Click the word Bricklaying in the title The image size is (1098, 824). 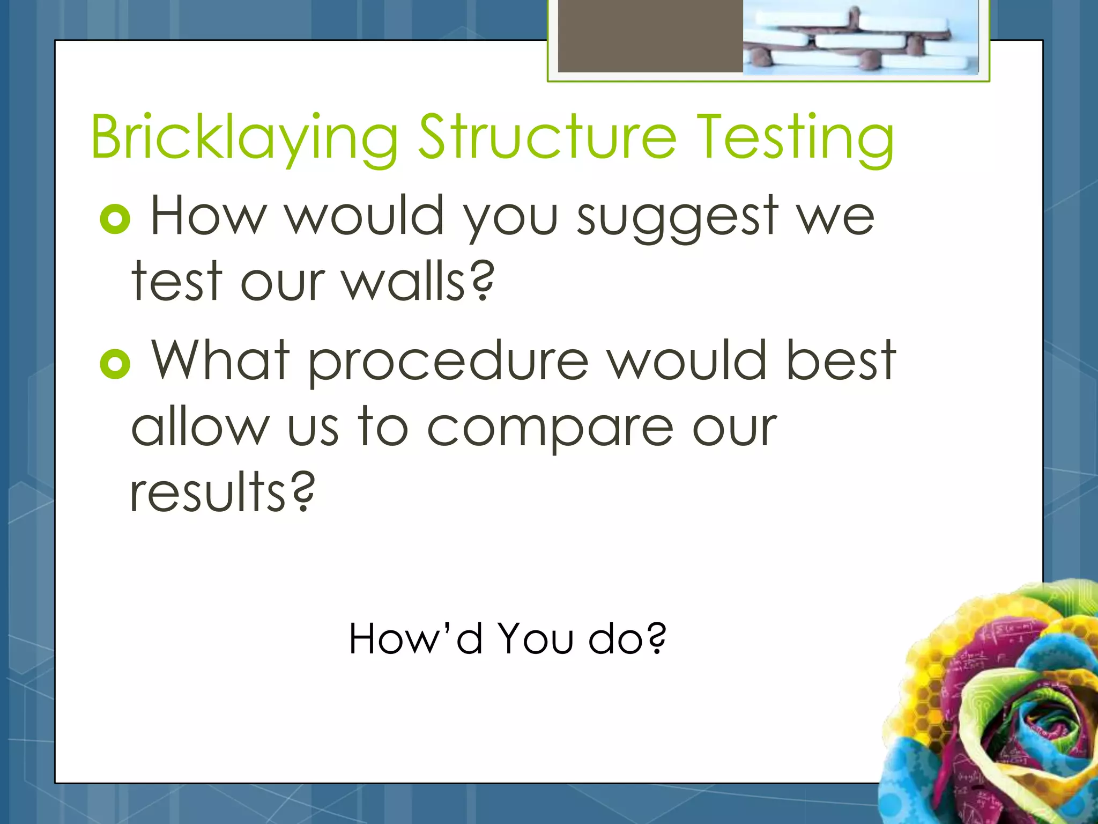point(244,138)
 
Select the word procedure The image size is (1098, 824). point(448,362)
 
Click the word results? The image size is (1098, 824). point(222,492)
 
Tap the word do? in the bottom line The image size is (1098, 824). point(627,639)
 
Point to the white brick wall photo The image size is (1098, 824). point(860,36)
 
